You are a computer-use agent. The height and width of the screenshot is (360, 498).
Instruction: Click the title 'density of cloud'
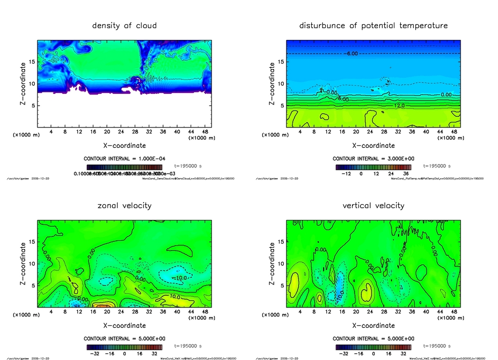click(124, 25)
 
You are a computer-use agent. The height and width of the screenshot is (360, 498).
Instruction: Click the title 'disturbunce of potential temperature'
click(373, 25)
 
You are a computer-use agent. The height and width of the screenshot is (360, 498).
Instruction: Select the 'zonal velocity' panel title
click(124, 205)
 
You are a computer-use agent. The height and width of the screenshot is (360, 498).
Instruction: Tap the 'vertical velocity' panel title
click(373, 205)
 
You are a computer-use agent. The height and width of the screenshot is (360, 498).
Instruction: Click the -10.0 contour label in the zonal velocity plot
click(179, 278)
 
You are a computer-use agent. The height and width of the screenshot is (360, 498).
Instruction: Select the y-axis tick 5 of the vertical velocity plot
click(281, 286)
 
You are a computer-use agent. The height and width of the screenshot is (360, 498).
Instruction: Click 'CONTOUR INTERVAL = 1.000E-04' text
click(124, 159)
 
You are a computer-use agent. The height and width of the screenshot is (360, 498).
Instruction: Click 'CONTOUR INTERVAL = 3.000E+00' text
click(373, 159)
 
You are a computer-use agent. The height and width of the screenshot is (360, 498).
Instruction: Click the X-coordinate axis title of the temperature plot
click(373, 145)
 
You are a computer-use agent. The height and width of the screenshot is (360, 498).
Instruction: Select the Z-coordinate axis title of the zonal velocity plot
click(23, 263)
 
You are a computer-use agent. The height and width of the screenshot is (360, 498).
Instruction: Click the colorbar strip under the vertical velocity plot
click(373, 347)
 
